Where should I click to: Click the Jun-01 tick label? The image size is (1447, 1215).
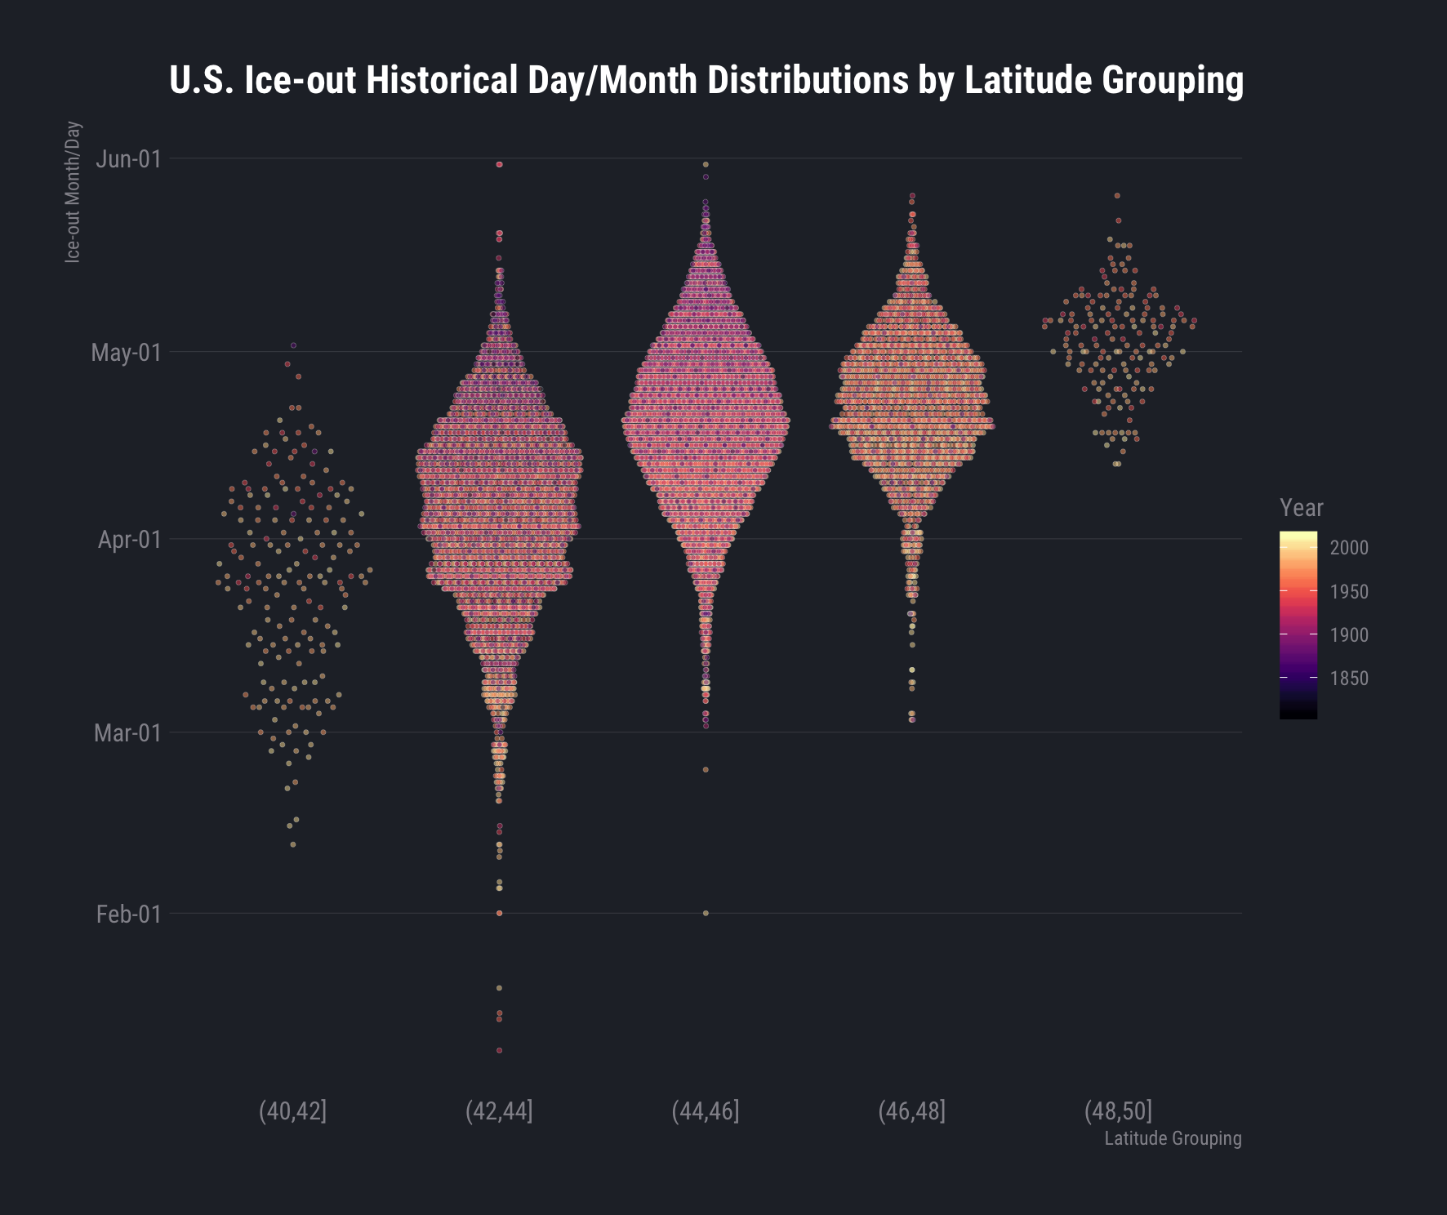tap(128, 159)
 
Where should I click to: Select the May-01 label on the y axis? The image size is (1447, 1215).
tap(126, 353)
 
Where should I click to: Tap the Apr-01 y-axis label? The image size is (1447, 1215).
tap(129, 540)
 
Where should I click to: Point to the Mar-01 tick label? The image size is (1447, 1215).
tap(127, 733)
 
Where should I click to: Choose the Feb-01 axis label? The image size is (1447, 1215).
tap(128, 915)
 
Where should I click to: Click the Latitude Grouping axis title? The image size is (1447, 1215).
tap(1173, 1138)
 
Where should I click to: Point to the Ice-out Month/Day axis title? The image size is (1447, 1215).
tap(73, 193)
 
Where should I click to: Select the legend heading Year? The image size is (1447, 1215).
tap(1302, 508)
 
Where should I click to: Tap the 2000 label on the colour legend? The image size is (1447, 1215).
tap(1349, 548)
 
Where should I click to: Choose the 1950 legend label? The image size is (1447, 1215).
tap(1349, 592)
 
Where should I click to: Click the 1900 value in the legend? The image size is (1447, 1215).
tap(1349, 635)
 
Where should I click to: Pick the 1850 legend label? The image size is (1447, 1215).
tap(1349, 679)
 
